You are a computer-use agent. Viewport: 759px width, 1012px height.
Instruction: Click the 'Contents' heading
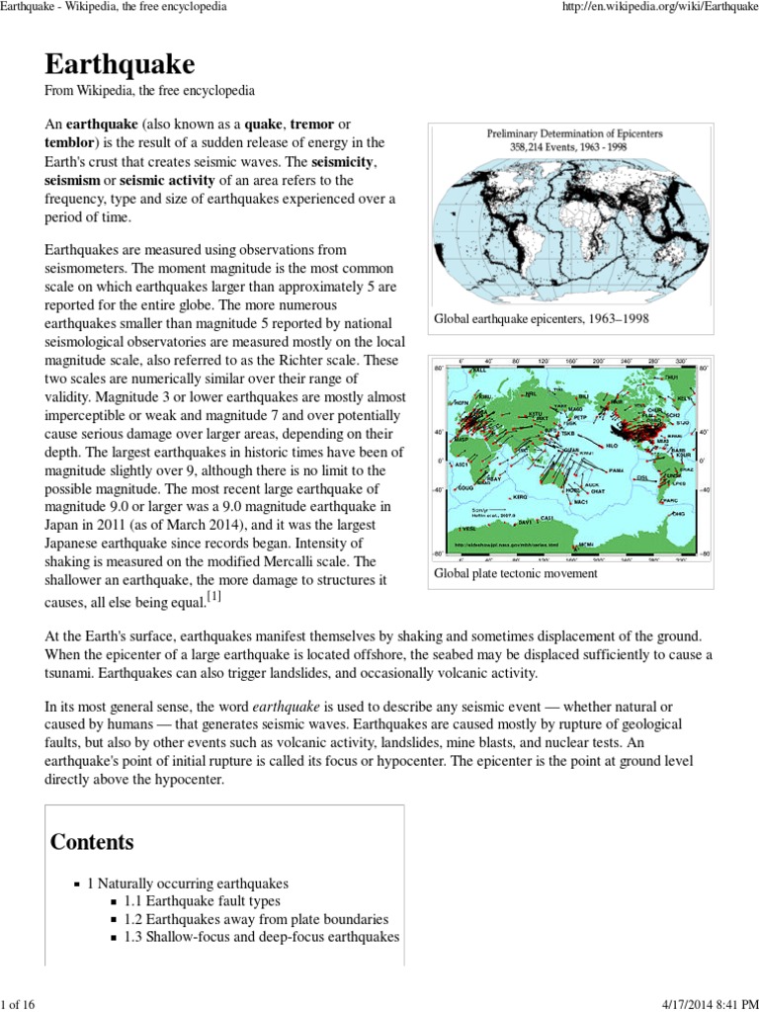tap(92, 842)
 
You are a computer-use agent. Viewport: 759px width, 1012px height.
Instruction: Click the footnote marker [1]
tap(213, 597)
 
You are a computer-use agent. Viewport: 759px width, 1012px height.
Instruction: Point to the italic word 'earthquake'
tap(287, 707)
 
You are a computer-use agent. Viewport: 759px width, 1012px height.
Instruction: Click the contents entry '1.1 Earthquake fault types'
tap(202, 900)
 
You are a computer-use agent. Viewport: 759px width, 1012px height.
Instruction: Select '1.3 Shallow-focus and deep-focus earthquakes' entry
tap(262, 936)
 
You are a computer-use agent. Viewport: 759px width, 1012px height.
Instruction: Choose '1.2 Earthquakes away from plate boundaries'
tap(256, 918)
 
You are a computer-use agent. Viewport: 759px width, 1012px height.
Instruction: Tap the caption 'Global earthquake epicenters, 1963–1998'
tap(542, 319)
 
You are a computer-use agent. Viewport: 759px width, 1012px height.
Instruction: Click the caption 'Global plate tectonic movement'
tap(516, 573)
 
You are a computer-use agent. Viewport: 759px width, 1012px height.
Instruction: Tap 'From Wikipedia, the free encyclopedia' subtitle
tap(150, 91)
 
